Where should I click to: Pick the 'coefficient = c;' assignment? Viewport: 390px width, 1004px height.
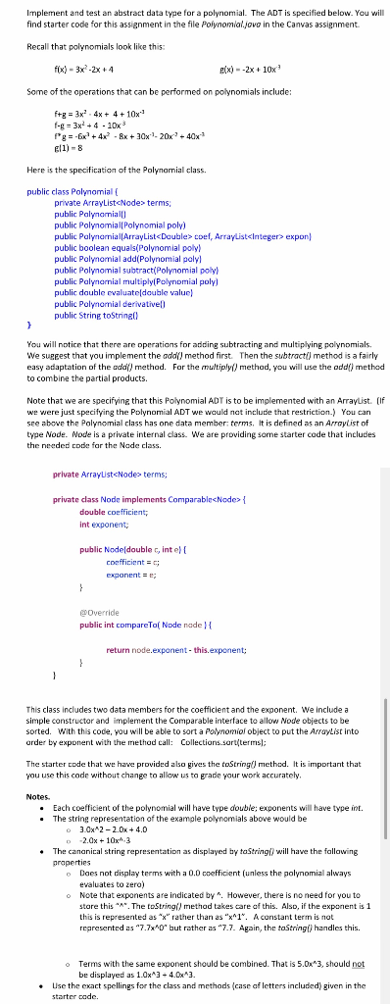pos(132,560)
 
